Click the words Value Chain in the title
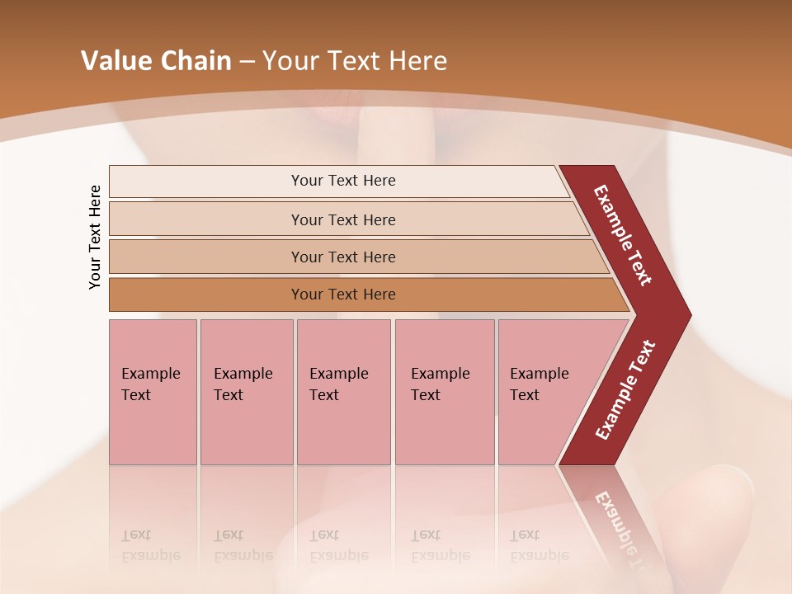pyautogui.click(x=156, y=61)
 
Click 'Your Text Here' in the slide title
pyautogui.click(x=355, y=61)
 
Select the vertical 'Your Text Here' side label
pyautogui.click(x=95, y=237)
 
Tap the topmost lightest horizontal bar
pyautogui.click(x=206, y=181)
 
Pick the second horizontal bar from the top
pyautogui.click(x=206, y=219)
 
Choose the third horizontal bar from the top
pyautogui.click(x=206, y=257)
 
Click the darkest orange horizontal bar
pyautogui.click(x=206, y=295)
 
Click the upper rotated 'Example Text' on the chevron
pyautogui.click(x=623, y=235)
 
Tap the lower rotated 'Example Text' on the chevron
pyautogui.click(x=625, y=390)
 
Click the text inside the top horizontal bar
pyautogui.click(x=343, y=181)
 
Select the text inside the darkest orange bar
pyautogui.click(x=343, y=295)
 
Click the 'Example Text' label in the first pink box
pyautogui.click(x=150, y=384)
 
